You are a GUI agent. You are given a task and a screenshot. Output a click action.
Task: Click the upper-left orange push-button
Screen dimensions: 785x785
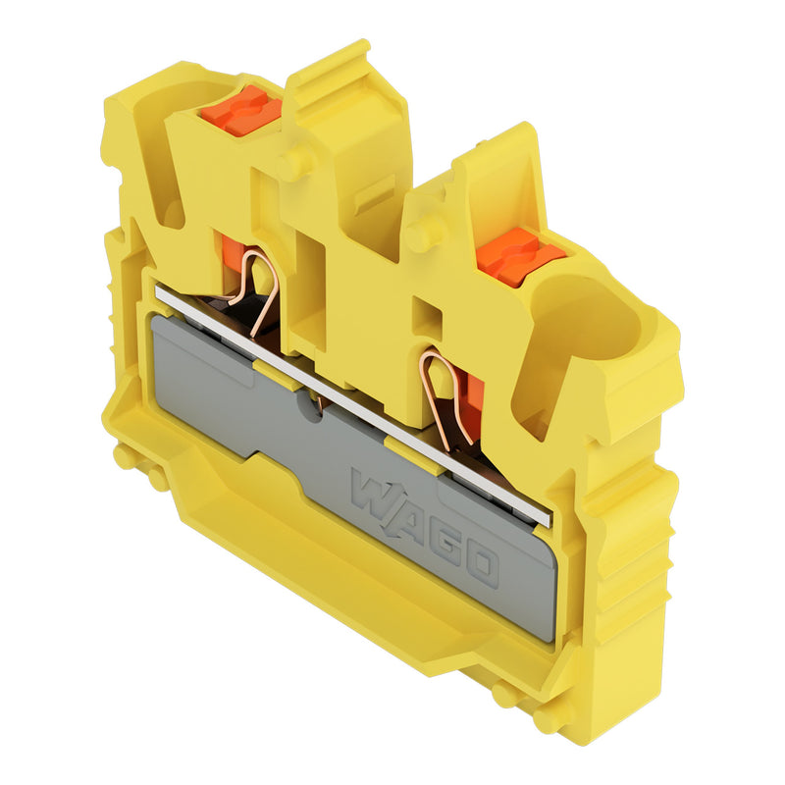point(241,111)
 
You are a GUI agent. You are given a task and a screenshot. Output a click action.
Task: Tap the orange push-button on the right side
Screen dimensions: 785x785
point(520,257)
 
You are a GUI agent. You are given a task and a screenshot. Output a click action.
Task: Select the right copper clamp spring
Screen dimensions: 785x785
point(444,395)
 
